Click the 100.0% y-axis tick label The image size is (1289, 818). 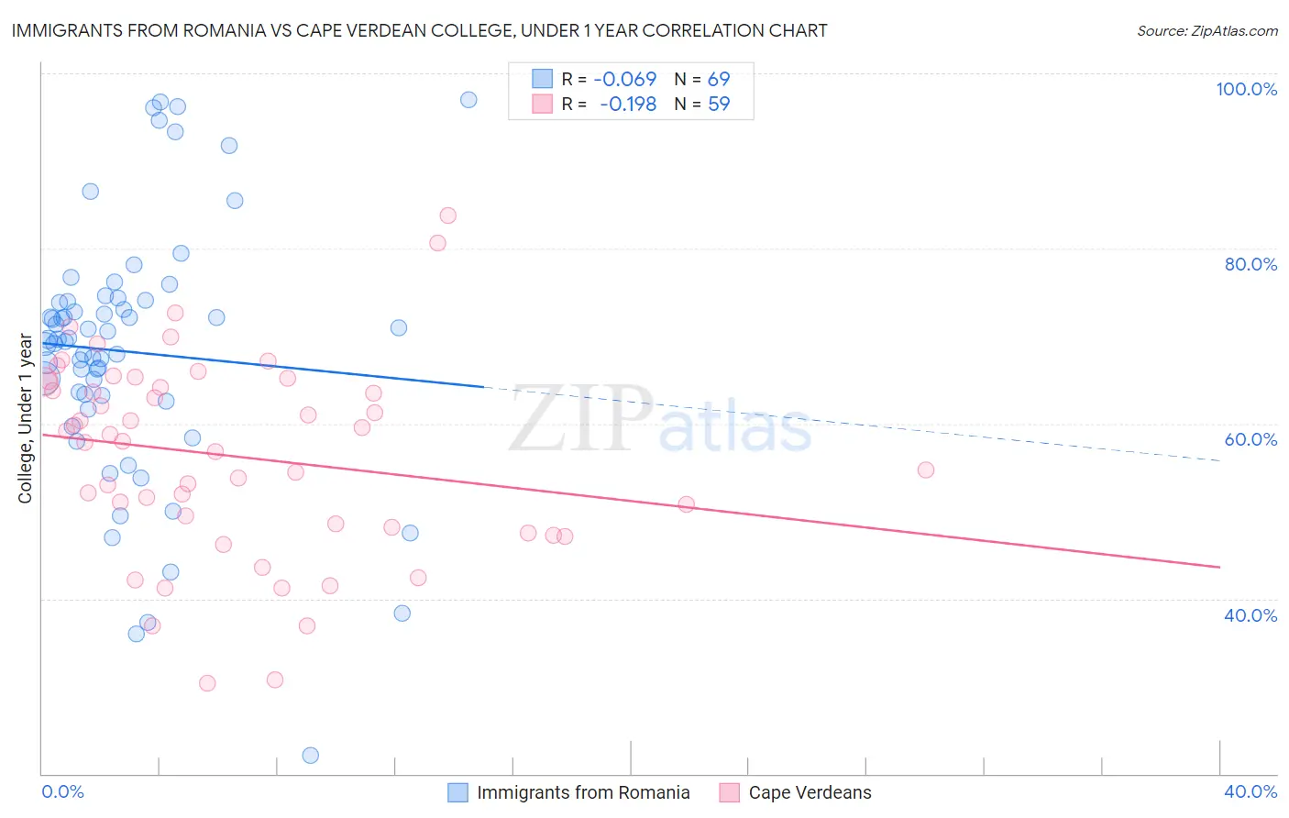1246,89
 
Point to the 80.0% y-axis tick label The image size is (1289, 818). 1250,264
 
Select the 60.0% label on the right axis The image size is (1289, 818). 1250,439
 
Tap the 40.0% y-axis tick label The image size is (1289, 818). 1250,615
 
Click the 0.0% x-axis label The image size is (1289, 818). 62,791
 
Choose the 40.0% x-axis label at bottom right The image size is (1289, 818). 1250,791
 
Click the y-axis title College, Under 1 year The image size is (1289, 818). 26,419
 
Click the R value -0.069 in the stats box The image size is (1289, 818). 625,80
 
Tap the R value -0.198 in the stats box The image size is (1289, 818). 628,105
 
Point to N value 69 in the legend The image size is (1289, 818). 719,80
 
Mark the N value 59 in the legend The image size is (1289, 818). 719,105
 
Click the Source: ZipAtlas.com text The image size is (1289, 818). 1206,31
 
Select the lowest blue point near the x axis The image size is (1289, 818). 311,756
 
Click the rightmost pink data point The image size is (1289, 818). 926,470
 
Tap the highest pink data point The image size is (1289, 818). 447,216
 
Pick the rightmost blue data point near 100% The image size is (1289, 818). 468,100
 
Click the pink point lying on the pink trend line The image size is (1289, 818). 687,503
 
